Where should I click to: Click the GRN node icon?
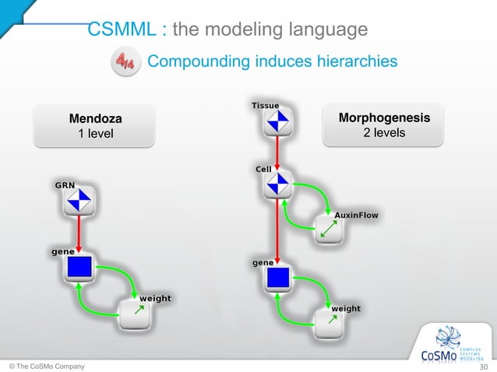pos(79,202)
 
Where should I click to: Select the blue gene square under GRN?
pos(79,268)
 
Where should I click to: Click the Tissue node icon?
pos(277,121)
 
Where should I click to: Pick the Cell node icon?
pos(277,185)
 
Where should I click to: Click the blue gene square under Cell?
pos(277,278)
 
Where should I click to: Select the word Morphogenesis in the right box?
pos(384,118)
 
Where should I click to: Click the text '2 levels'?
pos(384,133)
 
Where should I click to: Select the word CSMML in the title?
pos(122,30)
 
